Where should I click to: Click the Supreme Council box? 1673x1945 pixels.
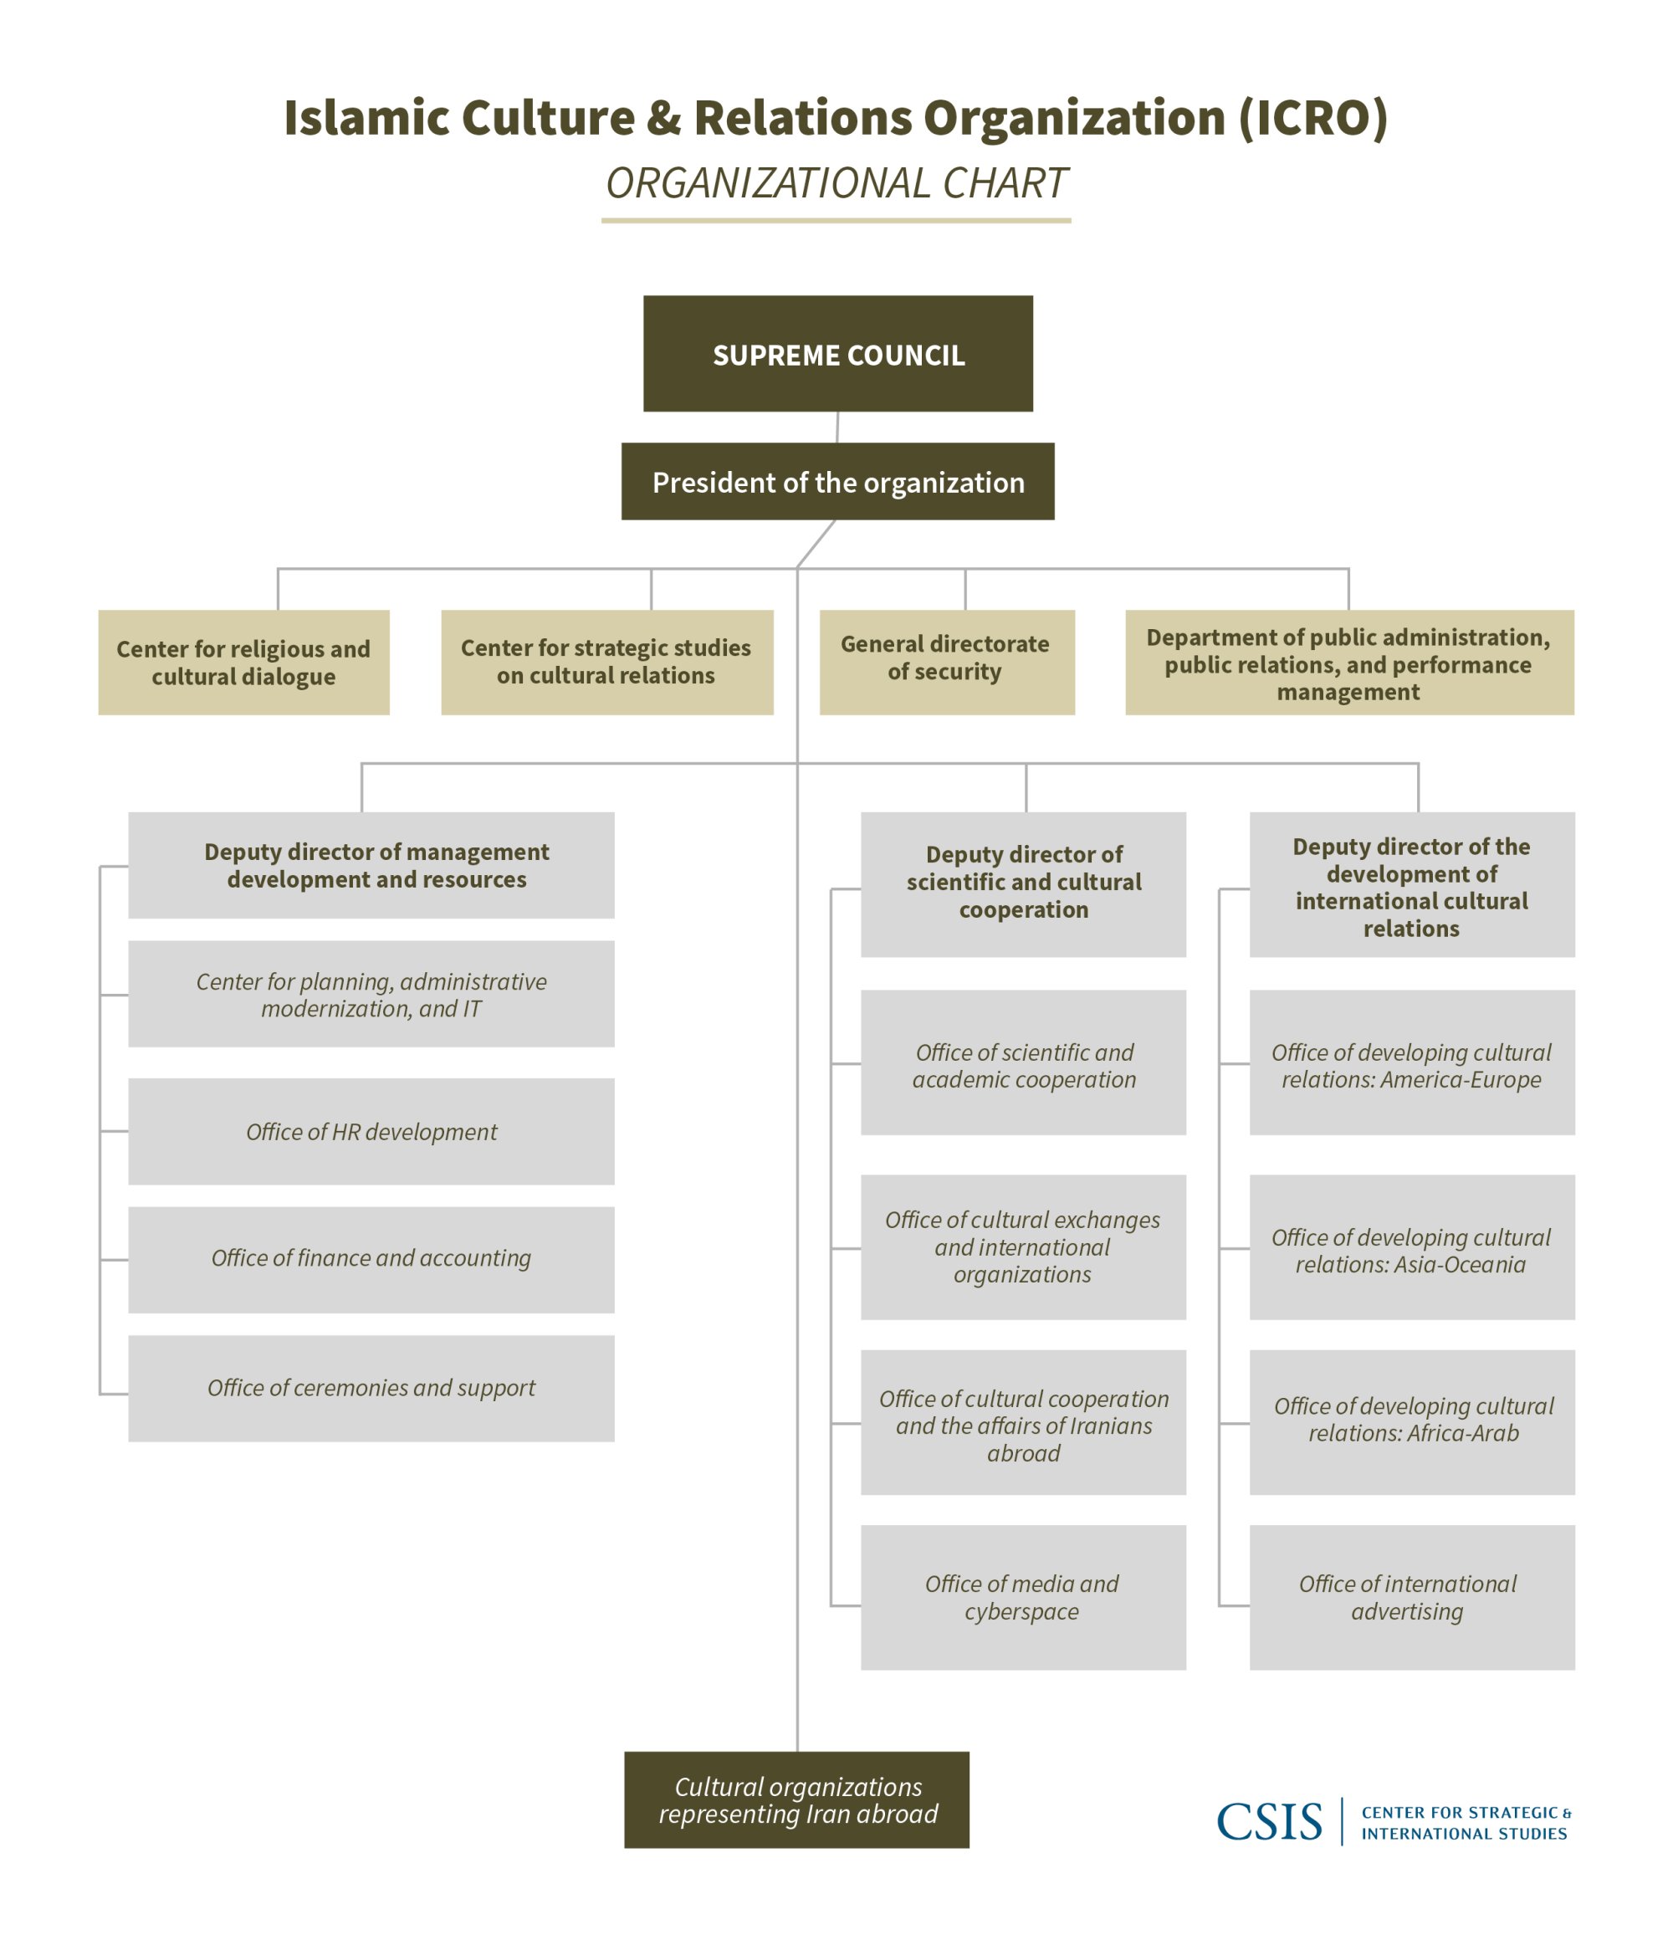[837, 354]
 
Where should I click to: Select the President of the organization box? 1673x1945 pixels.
[837, 482]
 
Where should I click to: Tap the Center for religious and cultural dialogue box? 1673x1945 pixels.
[243, 662]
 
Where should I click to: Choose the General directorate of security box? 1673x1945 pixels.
[946, 662]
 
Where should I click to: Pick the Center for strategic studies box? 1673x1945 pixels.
[606, 662]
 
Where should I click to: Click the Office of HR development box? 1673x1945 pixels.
[371, 1131]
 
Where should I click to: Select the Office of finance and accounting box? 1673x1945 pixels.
[371, 1259]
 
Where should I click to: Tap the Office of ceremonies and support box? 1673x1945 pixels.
[371, 1389]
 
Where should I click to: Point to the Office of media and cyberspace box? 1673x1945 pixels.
[1023, 1598]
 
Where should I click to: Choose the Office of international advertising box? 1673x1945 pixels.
[1411, 1598]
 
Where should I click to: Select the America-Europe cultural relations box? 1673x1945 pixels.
[1411, 1062]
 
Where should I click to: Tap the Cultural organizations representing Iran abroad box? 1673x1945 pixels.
[796, 1799]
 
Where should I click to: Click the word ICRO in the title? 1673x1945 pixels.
[1312, 118]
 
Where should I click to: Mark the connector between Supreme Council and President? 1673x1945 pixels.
[836, 427]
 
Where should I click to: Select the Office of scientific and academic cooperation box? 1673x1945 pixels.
[1023, 1062]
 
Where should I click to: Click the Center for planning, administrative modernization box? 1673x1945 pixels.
[371, 993]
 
